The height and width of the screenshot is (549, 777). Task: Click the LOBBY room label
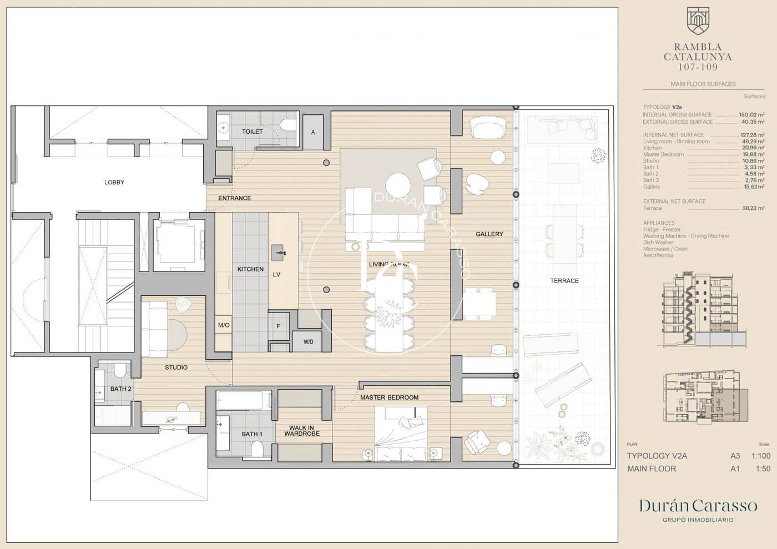114,182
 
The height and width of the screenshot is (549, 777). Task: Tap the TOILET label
253,132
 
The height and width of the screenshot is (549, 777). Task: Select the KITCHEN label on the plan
250,269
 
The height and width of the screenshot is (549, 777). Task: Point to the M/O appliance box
224,325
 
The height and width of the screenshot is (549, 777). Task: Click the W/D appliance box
308,342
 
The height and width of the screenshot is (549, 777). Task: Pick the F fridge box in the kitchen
279,326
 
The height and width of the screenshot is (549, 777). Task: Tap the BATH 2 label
120,389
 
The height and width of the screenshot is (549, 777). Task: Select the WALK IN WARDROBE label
301,431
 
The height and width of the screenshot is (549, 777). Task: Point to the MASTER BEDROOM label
389,397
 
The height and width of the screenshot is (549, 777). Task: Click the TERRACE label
564,281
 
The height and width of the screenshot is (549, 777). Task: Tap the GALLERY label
489,234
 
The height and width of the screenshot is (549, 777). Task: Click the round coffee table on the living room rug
398,185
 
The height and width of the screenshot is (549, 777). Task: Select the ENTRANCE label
234,198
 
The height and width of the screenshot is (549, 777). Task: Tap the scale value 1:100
760,456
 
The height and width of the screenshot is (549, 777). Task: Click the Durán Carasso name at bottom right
698,506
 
